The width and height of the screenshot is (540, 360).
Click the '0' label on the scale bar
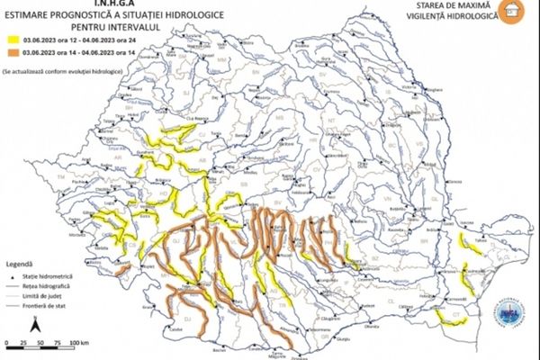click(x=6, y=344)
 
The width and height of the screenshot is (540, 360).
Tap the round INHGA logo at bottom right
click(x=508, y=313)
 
